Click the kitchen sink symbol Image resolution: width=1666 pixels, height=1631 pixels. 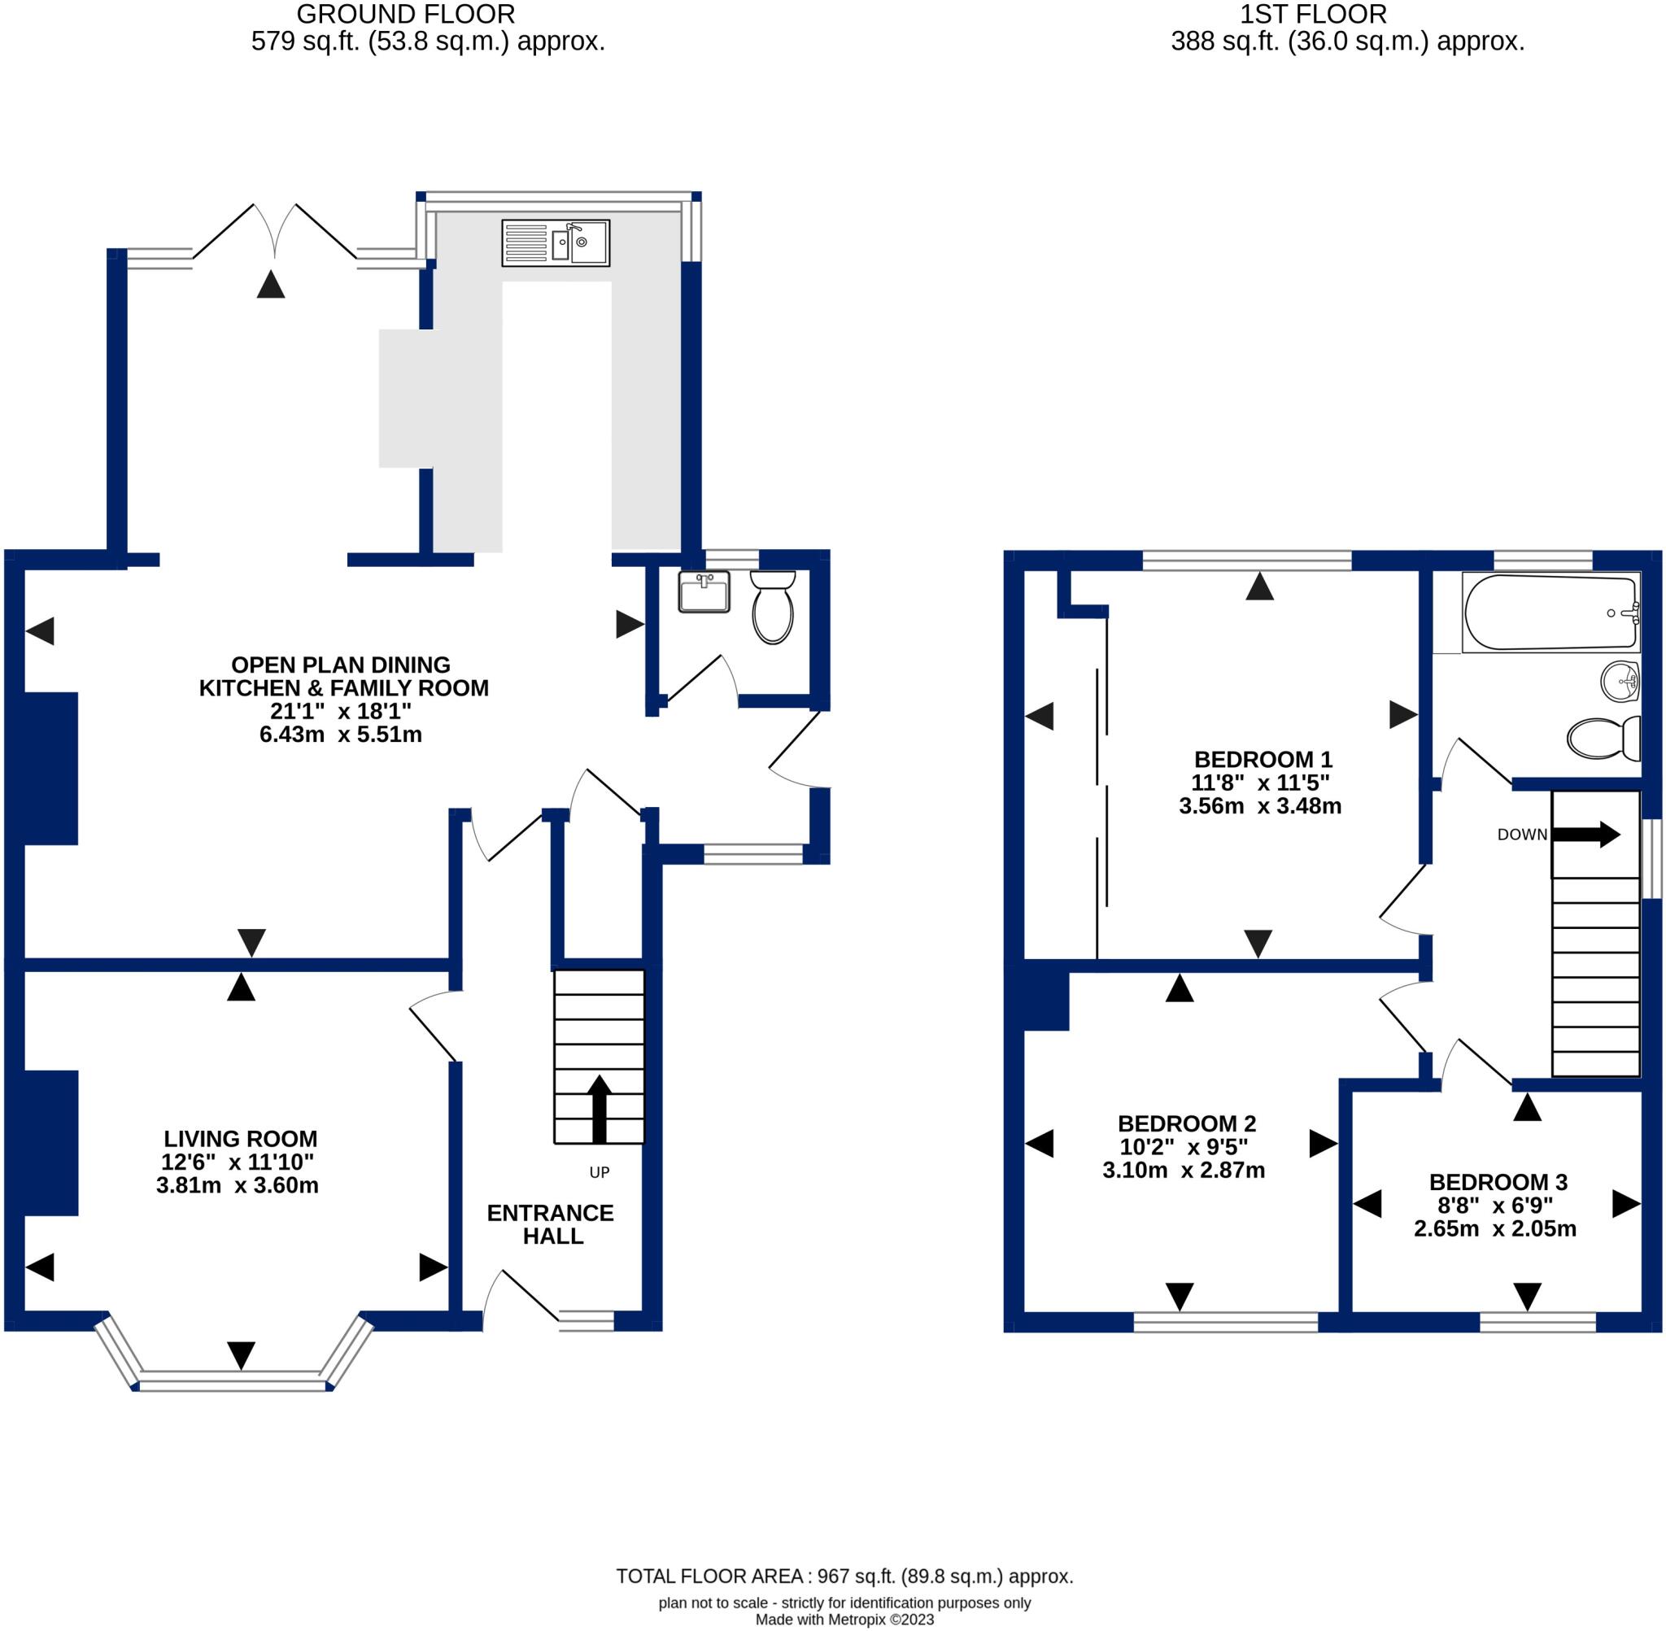[x=555, y=242]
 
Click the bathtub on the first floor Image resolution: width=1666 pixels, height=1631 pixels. [x=1550, y=613]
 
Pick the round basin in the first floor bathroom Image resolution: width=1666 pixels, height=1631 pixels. [x=1620, y=682]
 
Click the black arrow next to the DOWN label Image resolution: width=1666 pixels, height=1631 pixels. [x=1585, y=835]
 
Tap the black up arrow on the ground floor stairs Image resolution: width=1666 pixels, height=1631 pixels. [x=599, y=1109]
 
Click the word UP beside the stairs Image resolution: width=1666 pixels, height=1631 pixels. [x=600, y=1172]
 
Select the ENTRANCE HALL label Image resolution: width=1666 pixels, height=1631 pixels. [x=551, y=1224]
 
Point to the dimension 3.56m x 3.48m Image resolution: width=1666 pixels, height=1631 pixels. [x=1260, y=806]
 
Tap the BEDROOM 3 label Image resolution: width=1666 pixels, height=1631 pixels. [x=1498, y=1182]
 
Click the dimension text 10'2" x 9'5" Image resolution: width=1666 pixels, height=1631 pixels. [x=1184, y=1147]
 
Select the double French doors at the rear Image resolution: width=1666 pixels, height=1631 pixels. [x=275, y=231]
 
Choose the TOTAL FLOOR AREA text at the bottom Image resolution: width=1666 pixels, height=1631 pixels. [x=844, y=1576]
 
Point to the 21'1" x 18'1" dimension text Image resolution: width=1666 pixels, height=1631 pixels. [x=341, y=711]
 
